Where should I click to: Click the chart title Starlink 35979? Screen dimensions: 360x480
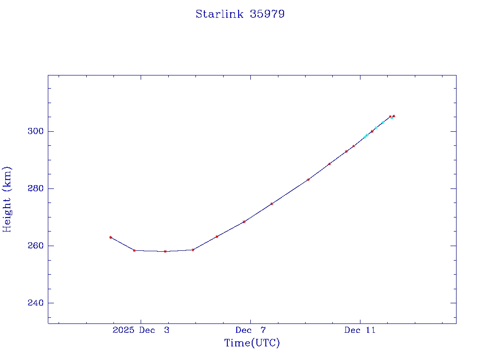coord(240,14)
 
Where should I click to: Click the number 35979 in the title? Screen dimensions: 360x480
coord(267,14)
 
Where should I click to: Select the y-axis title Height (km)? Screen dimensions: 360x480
coord(7,199)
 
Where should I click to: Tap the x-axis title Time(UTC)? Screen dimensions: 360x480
coord(252,343)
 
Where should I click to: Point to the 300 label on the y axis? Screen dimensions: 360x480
coord(36,131)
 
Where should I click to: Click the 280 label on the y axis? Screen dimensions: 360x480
coord(36,188)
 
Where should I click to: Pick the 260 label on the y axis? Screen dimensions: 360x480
coord(36,246)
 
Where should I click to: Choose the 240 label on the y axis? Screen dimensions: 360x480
coord(36,303)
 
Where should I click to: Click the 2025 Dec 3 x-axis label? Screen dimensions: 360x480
coord(141,330)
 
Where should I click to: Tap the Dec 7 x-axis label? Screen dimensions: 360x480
coord(251,330)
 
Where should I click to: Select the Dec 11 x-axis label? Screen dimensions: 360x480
coord(360,330)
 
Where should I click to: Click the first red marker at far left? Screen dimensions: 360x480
coord(111,237)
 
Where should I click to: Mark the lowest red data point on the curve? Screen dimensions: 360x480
coord(165,251)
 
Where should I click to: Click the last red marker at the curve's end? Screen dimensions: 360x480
coord(394,116)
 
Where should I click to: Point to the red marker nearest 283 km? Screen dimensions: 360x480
coord(308,180)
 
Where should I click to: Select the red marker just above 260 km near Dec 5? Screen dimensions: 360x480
coord(217,236)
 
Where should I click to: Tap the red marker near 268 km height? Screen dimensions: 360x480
coord(244,222)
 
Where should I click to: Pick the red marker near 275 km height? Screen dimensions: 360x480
coord(271,204)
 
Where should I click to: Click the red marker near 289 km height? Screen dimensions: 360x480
coord(330,164)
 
